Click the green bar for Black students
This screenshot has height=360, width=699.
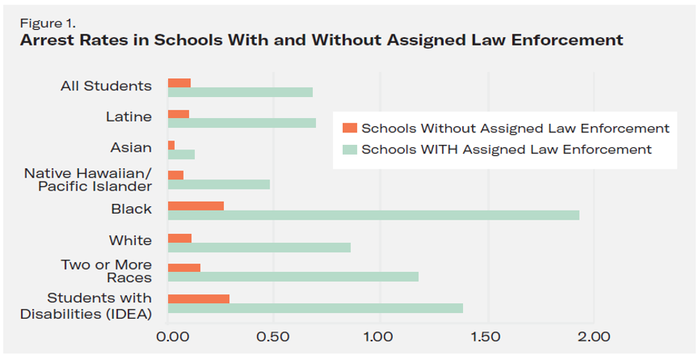tap(373, 215)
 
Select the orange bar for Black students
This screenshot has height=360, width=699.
tap(196, 205)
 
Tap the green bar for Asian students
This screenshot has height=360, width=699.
tap(181, 154)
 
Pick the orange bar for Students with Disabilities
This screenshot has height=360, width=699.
tap(199, 299)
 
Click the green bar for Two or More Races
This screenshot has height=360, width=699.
tap(293, 277)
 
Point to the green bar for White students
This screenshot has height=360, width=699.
tap(259, 246)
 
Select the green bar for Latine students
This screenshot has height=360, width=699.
tap(242, 122)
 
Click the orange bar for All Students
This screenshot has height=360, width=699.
tap(179, 82)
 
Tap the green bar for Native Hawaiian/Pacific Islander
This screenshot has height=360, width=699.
tap(219, 184)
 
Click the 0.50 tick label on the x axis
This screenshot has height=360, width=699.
tap(273, 336)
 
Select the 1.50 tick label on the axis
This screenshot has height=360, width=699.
tap(486, 336)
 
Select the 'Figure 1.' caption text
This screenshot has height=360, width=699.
tap(45, 22)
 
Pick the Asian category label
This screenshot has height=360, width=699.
tap(131, 148)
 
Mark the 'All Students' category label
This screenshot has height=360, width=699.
tap(105, 86)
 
